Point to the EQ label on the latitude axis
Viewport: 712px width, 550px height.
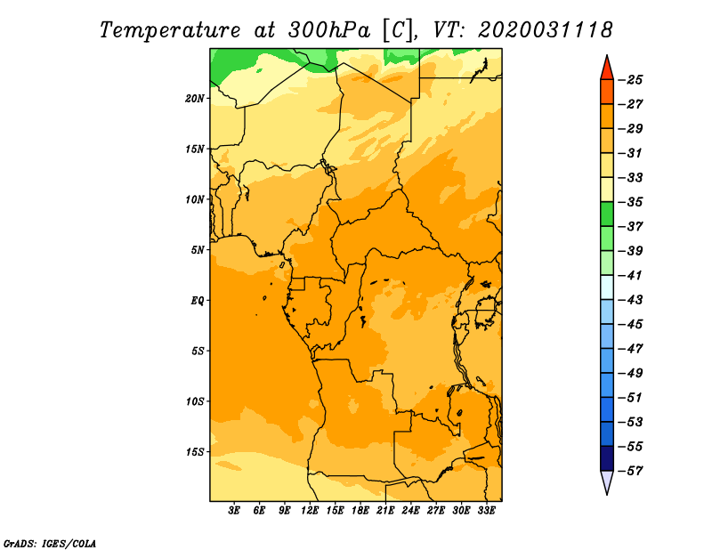tap(198, 301)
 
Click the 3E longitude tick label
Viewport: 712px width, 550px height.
tap(235, 511)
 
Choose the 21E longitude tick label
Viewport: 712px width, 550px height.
tap(386, 511)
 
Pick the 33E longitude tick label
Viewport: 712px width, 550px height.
tap(487, 511)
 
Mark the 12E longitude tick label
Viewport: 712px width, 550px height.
tap(311, 511)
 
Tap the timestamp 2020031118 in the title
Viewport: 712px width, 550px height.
tap(546, 29)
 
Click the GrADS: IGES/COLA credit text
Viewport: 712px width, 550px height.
tap(50, 542)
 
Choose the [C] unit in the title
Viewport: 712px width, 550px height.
tap(398, 29)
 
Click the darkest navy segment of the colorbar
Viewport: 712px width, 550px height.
tap(607, 458)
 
